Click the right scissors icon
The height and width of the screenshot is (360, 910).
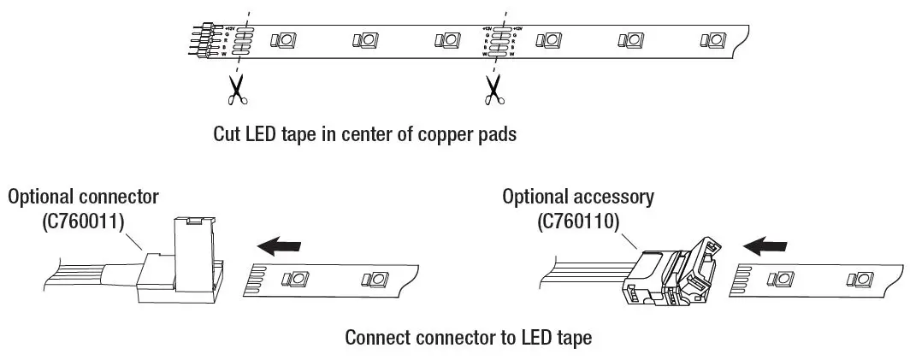coord(493,91)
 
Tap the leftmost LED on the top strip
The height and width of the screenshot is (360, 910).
coord(283,40)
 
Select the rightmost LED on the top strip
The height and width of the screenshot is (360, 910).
coord(712,40)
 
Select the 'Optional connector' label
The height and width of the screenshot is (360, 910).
coord(83,197)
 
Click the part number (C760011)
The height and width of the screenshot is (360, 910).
coord(83,221)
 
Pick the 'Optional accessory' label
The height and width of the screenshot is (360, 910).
coord(578,197)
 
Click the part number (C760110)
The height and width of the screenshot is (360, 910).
coord(578,221)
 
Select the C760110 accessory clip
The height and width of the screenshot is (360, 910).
coord(676,274)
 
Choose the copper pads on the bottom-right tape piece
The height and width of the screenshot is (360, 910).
coord(741,280)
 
